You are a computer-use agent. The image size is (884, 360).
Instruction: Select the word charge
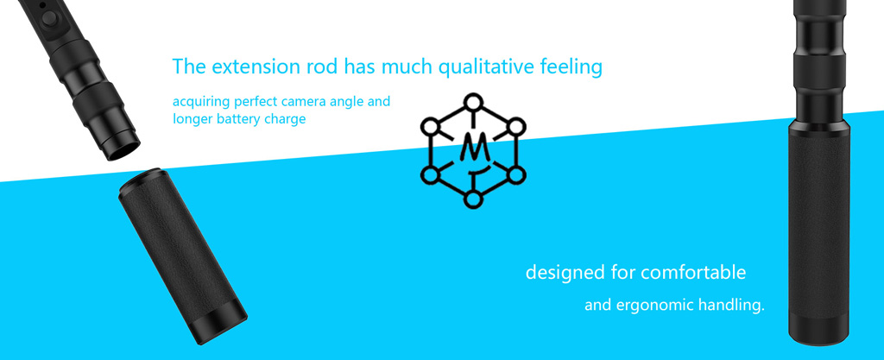click(288, 120)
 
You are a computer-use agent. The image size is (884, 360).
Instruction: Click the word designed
click(565, 274)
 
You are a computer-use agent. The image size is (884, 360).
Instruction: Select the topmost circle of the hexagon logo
click(474, 103)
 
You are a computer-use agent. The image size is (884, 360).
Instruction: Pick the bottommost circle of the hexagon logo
click(473, 199)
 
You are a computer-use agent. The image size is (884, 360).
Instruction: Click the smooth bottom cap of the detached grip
click(220, 325)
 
